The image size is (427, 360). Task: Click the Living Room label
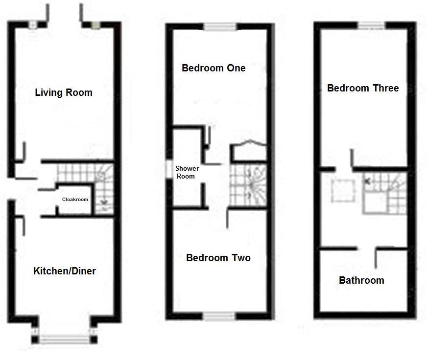point(64,92)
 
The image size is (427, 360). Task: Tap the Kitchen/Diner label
point(65,271)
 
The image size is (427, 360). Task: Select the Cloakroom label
point(75,200)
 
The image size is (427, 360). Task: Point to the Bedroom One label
point(213,68)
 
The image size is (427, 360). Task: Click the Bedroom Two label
point(218,258)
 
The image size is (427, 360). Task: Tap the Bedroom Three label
point(363,88)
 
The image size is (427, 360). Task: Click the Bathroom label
point(361,280)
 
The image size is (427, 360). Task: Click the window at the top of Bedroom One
point(220,27)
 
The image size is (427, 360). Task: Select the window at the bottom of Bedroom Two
point(220,316)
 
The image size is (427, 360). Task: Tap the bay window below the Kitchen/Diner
point(64,338)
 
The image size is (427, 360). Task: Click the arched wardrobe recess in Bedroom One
point(249,150)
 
